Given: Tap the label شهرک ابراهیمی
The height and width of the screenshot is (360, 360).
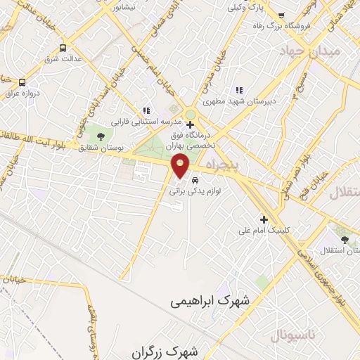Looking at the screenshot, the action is click(210, 300).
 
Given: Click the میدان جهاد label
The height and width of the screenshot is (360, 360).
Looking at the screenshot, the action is click(309, 52).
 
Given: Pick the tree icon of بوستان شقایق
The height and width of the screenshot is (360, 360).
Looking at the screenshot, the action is click(101, 136).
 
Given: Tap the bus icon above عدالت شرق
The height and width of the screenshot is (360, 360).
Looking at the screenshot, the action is click(63, 49).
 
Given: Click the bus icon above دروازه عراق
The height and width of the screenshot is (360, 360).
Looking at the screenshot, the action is click(22, 83).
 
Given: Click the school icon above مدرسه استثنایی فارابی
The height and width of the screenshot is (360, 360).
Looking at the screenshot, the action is click(146, 110).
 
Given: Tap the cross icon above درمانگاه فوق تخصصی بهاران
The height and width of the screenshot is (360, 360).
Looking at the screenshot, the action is click(190, 124).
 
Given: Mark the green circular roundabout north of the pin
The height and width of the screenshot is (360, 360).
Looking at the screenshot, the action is click(190, 115).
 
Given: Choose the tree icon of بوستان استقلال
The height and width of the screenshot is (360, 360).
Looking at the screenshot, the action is click(345, 240).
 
